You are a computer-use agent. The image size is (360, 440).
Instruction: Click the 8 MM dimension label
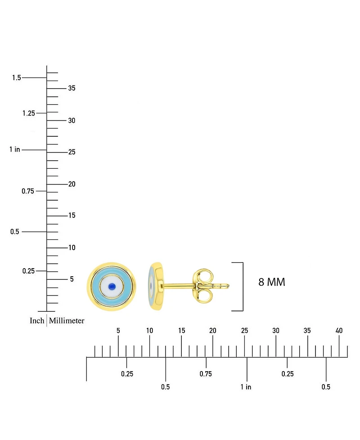272,282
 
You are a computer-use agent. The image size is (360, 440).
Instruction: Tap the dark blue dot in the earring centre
112,286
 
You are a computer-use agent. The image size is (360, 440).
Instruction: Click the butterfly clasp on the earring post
203,286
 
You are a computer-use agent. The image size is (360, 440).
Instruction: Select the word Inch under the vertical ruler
37,321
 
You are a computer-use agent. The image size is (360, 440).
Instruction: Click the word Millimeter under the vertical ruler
67,321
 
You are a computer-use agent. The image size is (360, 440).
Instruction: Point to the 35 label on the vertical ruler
72,88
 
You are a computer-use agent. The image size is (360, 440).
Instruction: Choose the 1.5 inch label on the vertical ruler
17,78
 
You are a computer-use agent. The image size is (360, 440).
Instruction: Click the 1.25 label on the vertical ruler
29,113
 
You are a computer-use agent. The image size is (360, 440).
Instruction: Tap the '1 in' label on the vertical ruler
14,149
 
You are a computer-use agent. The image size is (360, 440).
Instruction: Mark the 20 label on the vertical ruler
72,184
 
